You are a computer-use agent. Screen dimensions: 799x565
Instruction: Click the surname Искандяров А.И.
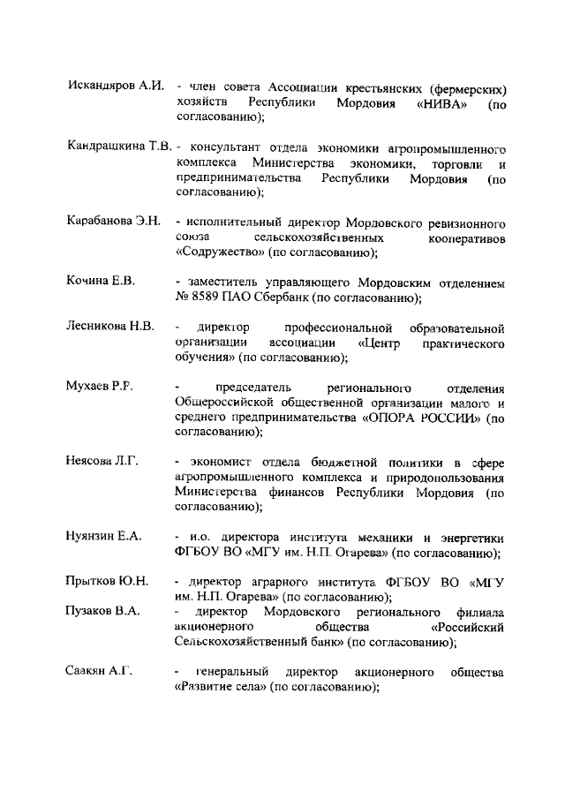[115, 87]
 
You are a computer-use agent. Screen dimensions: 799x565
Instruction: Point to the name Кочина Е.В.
[101, 281]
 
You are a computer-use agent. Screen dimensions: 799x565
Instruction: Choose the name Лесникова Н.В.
[110, 326]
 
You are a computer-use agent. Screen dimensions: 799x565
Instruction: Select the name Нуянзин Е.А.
[103, 535]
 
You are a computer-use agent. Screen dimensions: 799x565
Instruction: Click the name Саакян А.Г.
[99, 672]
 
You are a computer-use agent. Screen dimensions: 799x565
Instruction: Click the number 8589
[210, 298]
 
